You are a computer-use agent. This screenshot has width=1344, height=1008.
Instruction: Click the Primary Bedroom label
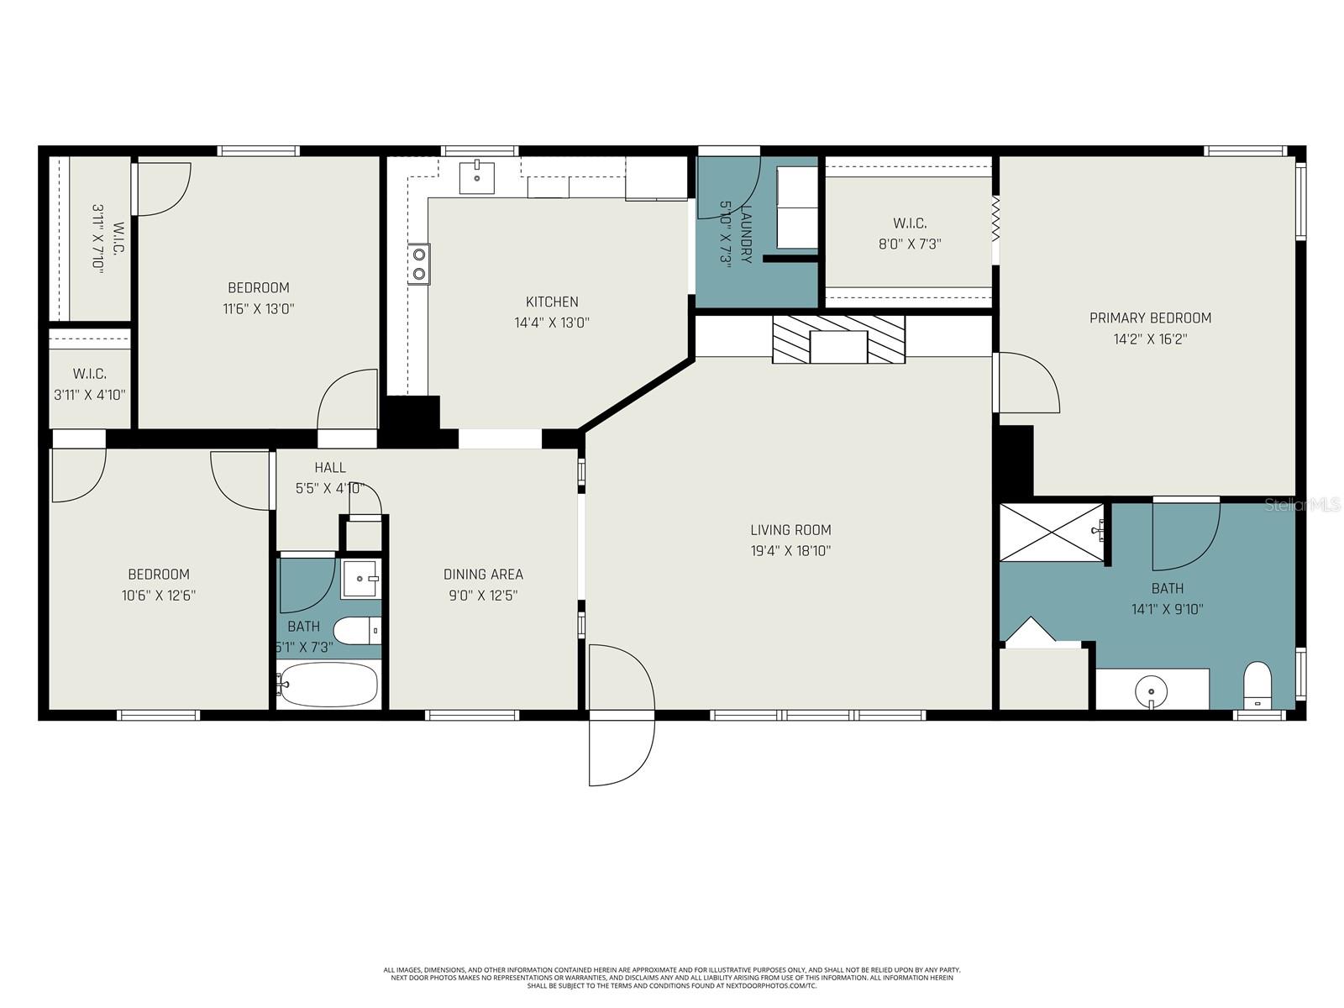tap(1150, 318)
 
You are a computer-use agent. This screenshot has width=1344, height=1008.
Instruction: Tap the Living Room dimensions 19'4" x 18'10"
tap(790, 551)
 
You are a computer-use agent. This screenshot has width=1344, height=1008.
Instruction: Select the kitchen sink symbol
tap(476, 177)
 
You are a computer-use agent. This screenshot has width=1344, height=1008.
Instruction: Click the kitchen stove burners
tap(418, 264)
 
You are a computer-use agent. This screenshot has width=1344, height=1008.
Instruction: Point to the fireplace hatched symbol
tap(838, 339)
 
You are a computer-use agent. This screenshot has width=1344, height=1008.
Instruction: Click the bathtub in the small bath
tap(328, 685)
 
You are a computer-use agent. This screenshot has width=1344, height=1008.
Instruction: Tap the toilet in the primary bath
tap(1257, 685)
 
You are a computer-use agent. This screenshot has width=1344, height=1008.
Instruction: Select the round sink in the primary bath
tap(1151, 692)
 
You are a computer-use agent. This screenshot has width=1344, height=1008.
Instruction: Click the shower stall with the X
tap(1051, 532)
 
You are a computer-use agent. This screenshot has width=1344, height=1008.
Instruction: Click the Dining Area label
tap(483, 575)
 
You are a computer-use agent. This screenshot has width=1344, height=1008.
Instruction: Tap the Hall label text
tap(330, 468)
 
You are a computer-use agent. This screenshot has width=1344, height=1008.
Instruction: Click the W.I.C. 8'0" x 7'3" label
tap(910, 234)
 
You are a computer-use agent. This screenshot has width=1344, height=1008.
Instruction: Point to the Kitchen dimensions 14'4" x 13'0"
tap(552, 323)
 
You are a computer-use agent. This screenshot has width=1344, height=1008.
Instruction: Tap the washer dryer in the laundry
tap(795, 207)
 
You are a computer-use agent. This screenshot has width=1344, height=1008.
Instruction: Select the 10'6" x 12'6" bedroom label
tap(159, 585)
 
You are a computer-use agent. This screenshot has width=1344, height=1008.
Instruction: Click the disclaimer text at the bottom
tap(672, 978)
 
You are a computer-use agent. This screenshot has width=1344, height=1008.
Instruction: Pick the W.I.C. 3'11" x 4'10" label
tap(89, 384)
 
